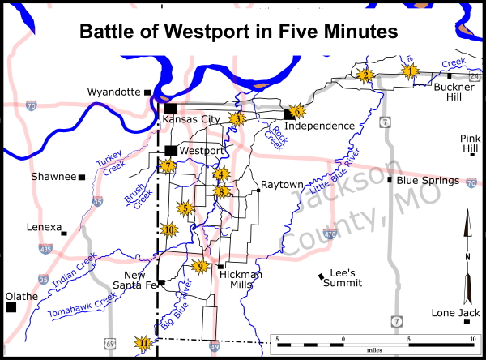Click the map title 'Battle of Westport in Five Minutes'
point(239,32)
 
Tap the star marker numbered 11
point(144,343)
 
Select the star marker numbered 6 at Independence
point(296,111)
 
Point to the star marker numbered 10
point(169,229)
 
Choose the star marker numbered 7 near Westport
point(168,166)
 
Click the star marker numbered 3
point(237,118)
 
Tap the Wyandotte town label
point(113,92)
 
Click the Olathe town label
point(21,296)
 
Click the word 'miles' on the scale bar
point(373,349)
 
